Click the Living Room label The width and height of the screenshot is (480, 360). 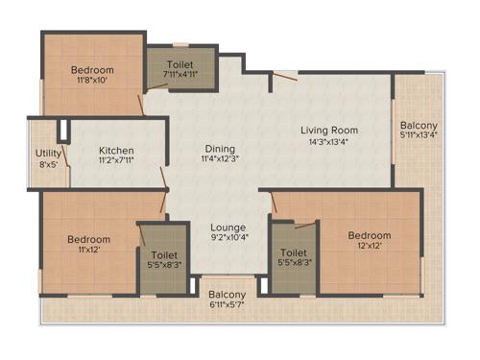(x=329, y=130)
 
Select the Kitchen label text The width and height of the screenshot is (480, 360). (x=116, y=151)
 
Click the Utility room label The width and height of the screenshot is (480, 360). (x=49, y=153)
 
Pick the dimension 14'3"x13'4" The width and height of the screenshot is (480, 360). (x=329, y=143)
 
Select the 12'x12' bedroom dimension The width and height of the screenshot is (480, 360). (x=370, y=247)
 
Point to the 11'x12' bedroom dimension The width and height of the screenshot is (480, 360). (x=88, y=251)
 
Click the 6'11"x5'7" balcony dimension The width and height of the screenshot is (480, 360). (x=228, y=306)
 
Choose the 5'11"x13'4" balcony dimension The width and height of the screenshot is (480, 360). (x=420, y=135)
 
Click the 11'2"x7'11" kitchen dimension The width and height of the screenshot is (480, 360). (x=116, y=162)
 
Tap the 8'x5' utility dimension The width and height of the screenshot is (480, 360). (x=49, y=164)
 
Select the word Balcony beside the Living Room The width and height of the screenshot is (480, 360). (x=420, y=124)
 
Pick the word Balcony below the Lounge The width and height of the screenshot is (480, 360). (x=228, y=295)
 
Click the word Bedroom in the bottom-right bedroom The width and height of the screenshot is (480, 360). (x=370, y=235)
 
